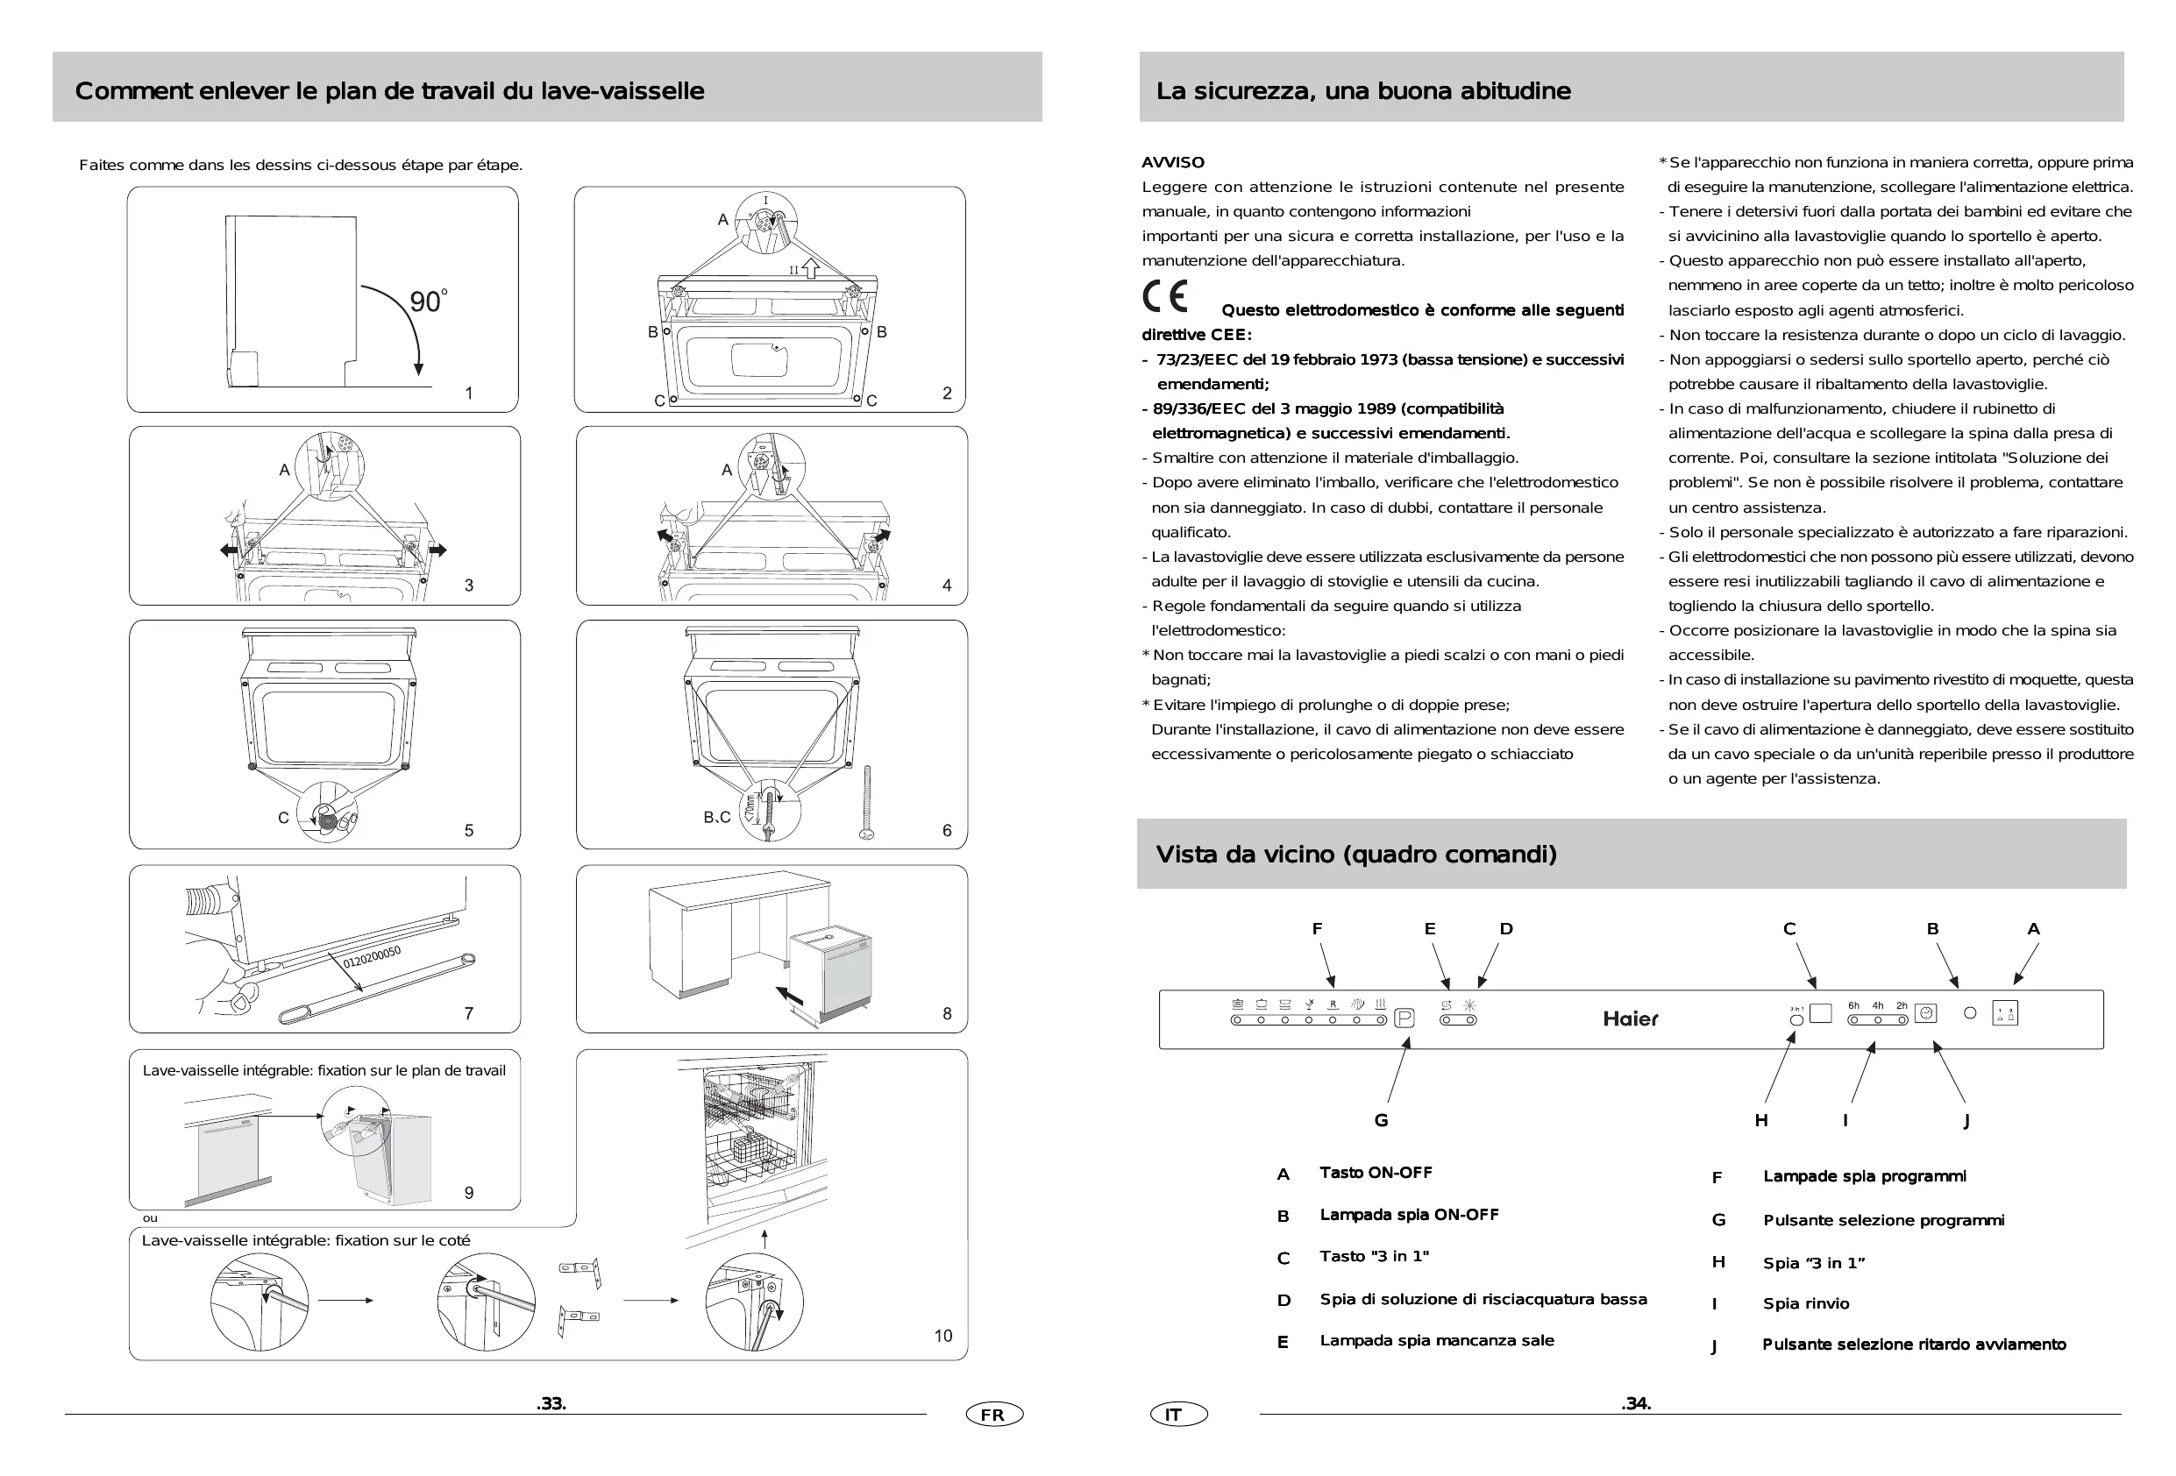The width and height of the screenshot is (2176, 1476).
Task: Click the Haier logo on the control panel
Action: coord(1629,1018)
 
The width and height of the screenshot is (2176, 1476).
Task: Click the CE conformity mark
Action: coord(1166,297)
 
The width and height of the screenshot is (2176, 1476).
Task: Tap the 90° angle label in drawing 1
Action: coord(428,301)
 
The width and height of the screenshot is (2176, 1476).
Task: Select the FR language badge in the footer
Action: coord(993,1415)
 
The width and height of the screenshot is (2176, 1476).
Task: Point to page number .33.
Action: coord(551,1403)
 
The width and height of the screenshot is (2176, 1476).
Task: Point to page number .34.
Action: coord(1636,1403)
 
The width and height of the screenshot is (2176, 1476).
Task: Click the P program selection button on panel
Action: coord(1404,1018)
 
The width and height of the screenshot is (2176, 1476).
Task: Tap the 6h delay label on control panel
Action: coord(1853,1005)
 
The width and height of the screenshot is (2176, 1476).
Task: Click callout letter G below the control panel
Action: coord(1381,1120)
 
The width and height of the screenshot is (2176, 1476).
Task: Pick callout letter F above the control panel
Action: coord(1317,928)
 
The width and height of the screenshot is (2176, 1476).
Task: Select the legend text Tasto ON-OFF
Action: coord(1376,1173)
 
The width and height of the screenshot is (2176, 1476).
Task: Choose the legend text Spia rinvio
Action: coord(1805,1304)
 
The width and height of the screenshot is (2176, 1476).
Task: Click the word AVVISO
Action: coord(1173,162)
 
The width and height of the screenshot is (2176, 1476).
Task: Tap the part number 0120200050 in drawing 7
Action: coord(372,956)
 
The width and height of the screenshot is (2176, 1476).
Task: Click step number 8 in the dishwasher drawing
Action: coord(947,1013)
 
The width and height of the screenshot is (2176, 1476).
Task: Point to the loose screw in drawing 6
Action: coord(867,802)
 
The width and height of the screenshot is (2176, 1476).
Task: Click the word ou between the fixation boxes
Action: coord(150,1217)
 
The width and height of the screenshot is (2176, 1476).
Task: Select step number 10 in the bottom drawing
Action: coord(942,1336)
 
